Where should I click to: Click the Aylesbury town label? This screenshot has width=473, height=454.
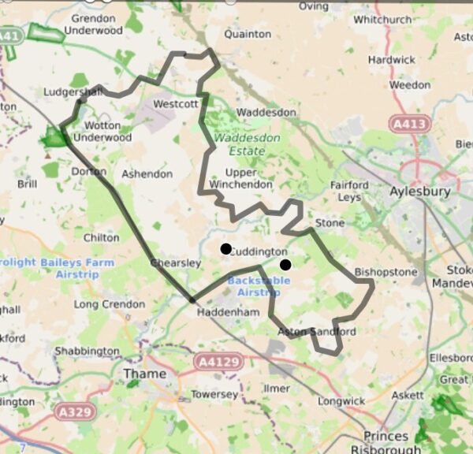click(420, 192)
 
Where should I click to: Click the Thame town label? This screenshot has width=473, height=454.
click(145, 374)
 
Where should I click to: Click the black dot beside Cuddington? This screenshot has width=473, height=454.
click(225, 249)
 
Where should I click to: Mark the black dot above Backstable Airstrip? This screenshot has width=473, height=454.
click(285, 265)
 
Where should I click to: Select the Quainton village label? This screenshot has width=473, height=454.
click(248, 35)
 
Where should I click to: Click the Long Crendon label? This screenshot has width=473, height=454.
click(106, 304)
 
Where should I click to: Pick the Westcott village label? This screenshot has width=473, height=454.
click(175, 103)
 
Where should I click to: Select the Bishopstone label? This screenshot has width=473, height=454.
click(385, 273)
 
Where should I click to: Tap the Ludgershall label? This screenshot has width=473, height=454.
click(73, 92)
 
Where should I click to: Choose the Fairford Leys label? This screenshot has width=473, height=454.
click(349, 192)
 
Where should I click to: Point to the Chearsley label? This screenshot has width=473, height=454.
click(176, 262)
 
